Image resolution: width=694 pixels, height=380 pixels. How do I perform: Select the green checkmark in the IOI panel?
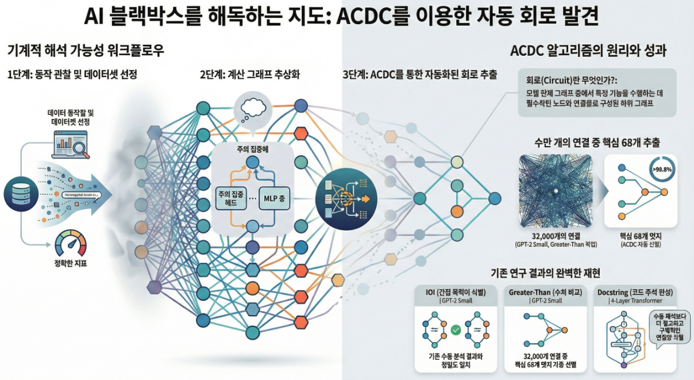pyautogui.click(x=456, y=331)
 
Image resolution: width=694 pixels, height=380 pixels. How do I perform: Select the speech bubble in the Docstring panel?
pyautogui.click(x=668, y=328)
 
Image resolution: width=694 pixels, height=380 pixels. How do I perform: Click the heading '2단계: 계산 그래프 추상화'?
pyautogui.click(x=250, y=75)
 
